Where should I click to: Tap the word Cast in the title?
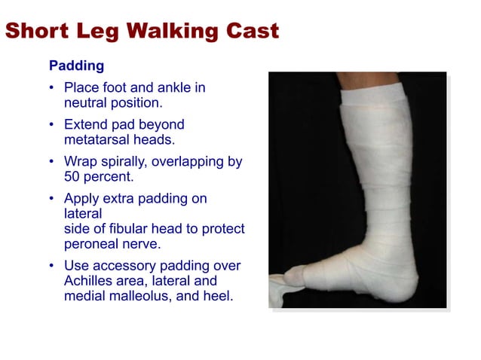pyautogui.click(x=251, y=31)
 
